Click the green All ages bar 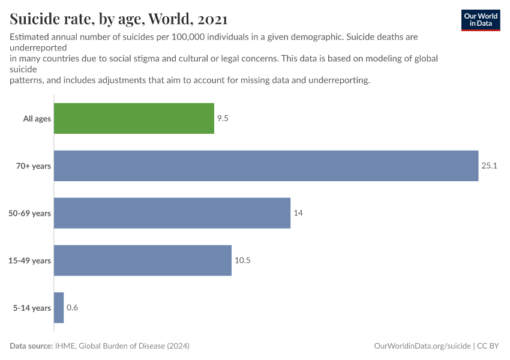[134, 118]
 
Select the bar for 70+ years [266, 166]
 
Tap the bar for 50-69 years [172, 213]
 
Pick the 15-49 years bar [143, 260]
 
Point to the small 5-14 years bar [59, 308]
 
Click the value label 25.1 [490, 166]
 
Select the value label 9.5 [223, 118]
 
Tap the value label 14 [298, 213]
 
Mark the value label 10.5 [242, 260]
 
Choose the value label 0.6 [73, 308]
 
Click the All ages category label [37, 119]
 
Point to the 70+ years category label [34, 166]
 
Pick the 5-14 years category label [32, 308]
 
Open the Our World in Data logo [480, 19]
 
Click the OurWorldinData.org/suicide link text [422, 346]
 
